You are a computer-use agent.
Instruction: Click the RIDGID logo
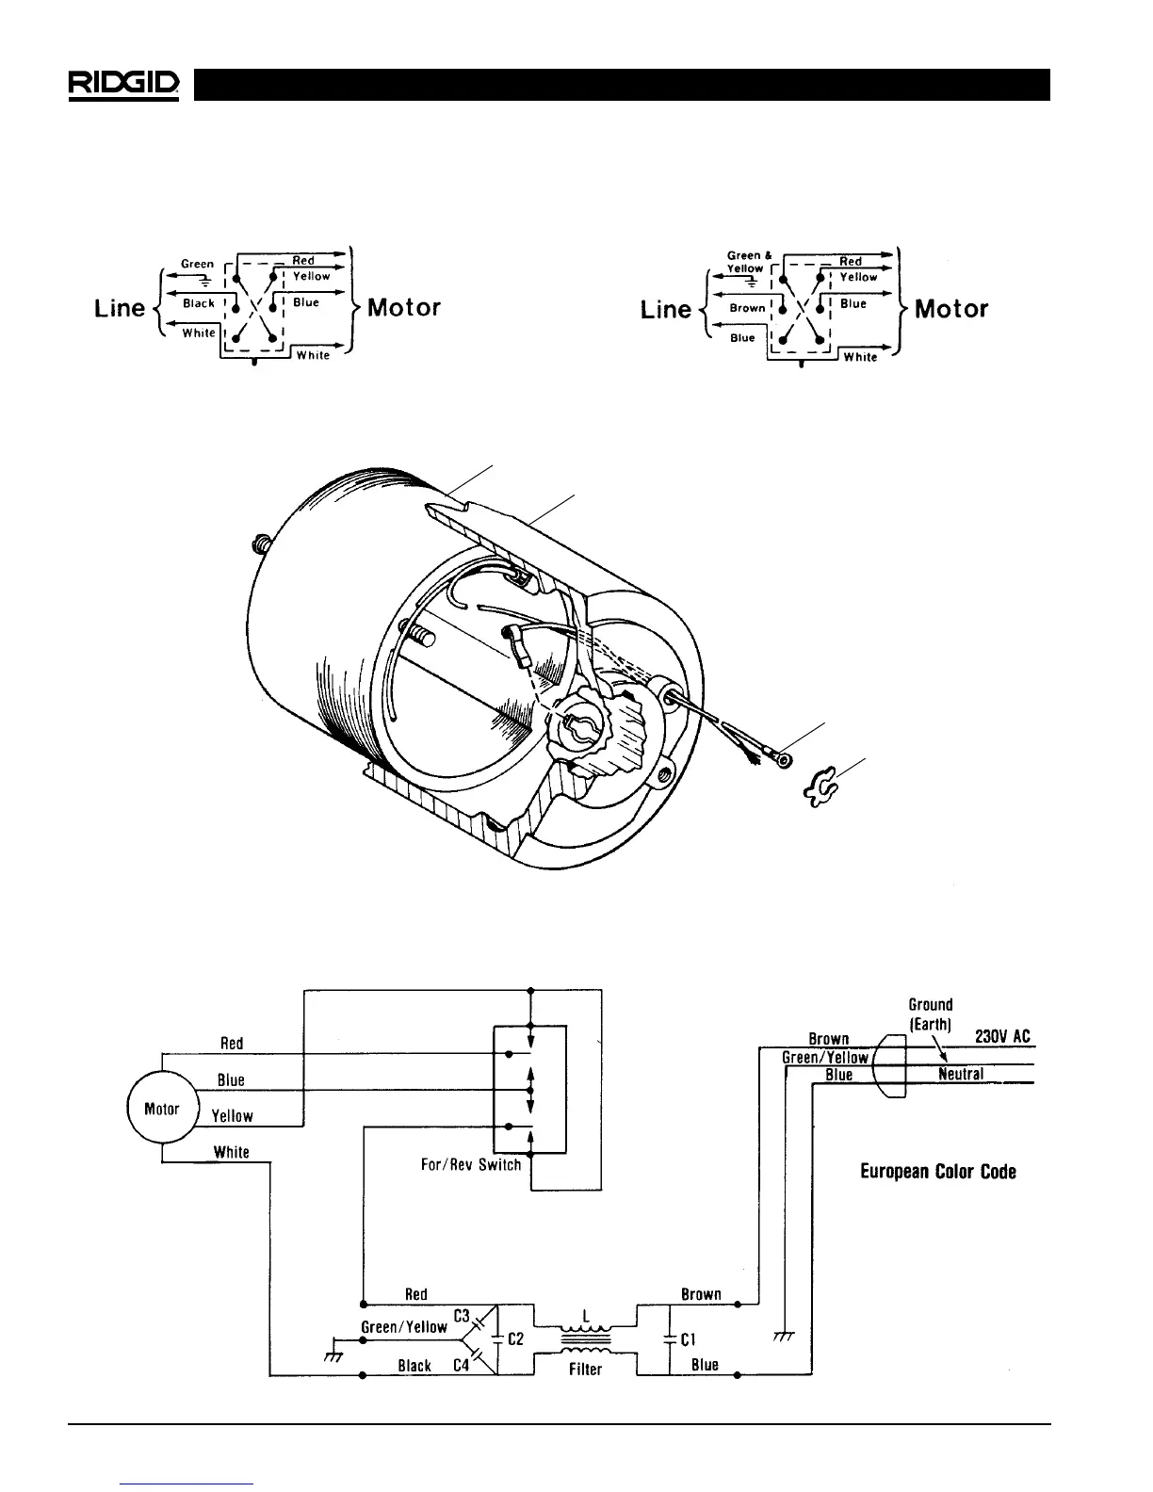(123, 84)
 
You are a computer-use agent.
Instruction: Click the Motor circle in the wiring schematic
(161, 1109)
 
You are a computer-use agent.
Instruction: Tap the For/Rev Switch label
(471, 1165)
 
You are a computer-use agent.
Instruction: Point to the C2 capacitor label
(515, 1338)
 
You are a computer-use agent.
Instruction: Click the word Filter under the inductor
(585, 1370)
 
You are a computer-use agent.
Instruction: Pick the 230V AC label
(1002, 1036)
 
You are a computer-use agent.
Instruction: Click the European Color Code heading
(938, 1172)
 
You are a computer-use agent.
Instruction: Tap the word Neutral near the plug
(961, 1074)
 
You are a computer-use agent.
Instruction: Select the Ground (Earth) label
(931, 1014)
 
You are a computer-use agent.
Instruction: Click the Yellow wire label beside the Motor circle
(232, 1116)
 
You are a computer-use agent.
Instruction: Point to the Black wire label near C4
(414, 1365)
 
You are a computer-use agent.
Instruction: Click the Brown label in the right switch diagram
(747, 308)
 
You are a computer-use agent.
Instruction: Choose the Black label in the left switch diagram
(199, 303)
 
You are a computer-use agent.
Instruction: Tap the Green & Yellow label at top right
(750, 262)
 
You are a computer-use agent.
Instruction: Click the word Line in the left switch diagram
(120, 308)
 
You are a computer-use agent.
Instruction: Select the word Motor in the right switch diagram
(951, 308)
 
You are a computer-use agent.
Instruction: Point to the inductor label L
(585, 1316)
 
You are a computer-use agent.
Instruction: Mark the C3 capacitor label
(462, 1315)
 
